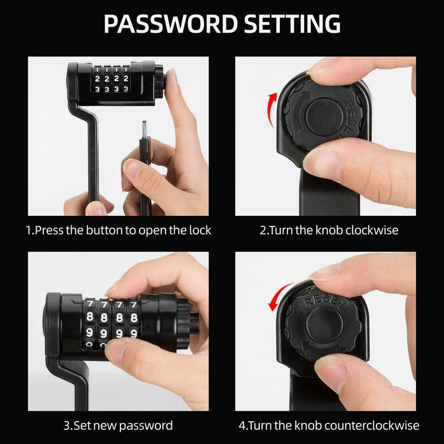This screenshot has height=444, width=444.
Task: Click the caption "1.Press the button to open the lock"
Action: click(119, 230)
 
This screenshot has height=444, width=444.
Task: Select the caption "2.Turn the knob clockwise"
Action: click(329, 230)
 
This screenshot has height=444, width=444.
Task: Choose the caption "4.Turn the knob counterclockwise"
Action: click(329, 426)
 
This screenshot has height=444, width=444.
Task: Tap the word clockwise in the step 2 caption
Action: click(371, 230)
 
